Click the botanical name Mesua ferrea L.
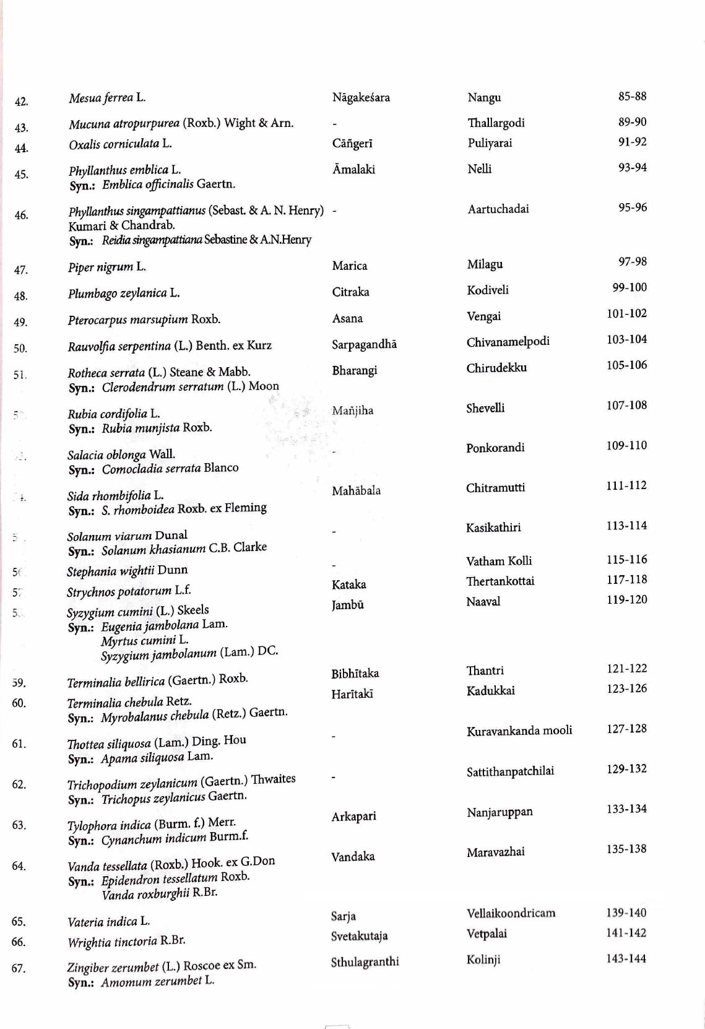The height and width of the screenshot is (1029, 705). click(x=107, y=98)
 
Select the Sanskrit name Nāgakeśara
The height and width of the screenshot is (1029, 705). click(x=361, y=97)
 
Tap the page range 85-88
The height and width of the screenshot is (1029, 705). click(x=632, y=96)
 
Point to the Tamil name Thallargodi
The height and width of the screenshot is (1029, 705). click(x=496, y=123)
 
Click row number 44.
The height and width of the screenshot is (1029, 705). click(x=21, y=148)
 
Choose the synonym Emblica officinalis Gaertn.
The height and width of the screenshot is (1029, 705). click(x=168, y=184)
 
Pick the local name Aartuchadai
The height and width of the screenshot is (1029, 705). click(x=498, y=209)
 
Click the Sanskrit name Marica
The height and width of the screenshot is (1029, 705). click(x=349, y=266)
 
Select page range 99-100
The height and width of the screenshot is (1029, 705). click(x=629, y=287)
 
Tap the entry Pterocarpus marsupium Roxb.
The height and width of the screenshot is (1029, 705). click(x=144, y=319)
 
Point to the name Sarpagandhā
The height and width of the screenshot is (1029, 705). click(x=364, y=344)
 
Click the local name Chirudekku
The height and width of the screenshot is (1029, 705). click(x=496, y=368)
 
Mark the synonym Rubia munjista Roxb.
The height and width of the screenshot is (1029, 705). click(x=157, y=428)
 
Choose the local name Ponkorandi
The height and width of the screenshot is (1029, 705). click(x=495, y=447)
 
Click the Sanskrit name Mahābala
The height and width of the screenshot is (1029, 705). click(x=356, y=490)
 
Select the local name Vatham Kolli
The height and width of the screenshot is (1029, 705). click(x=499, y=561)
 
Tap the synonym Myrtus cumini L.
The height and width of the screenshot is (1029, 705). click(x=145, y=640)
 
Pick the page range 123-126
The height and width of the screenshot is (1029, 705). click(x=626, y=688)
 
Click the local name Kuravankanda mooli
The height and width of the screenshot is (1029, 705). click(x=519, y=731)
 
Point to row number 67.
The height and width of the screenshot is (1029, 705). click(x=19, y=968)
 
